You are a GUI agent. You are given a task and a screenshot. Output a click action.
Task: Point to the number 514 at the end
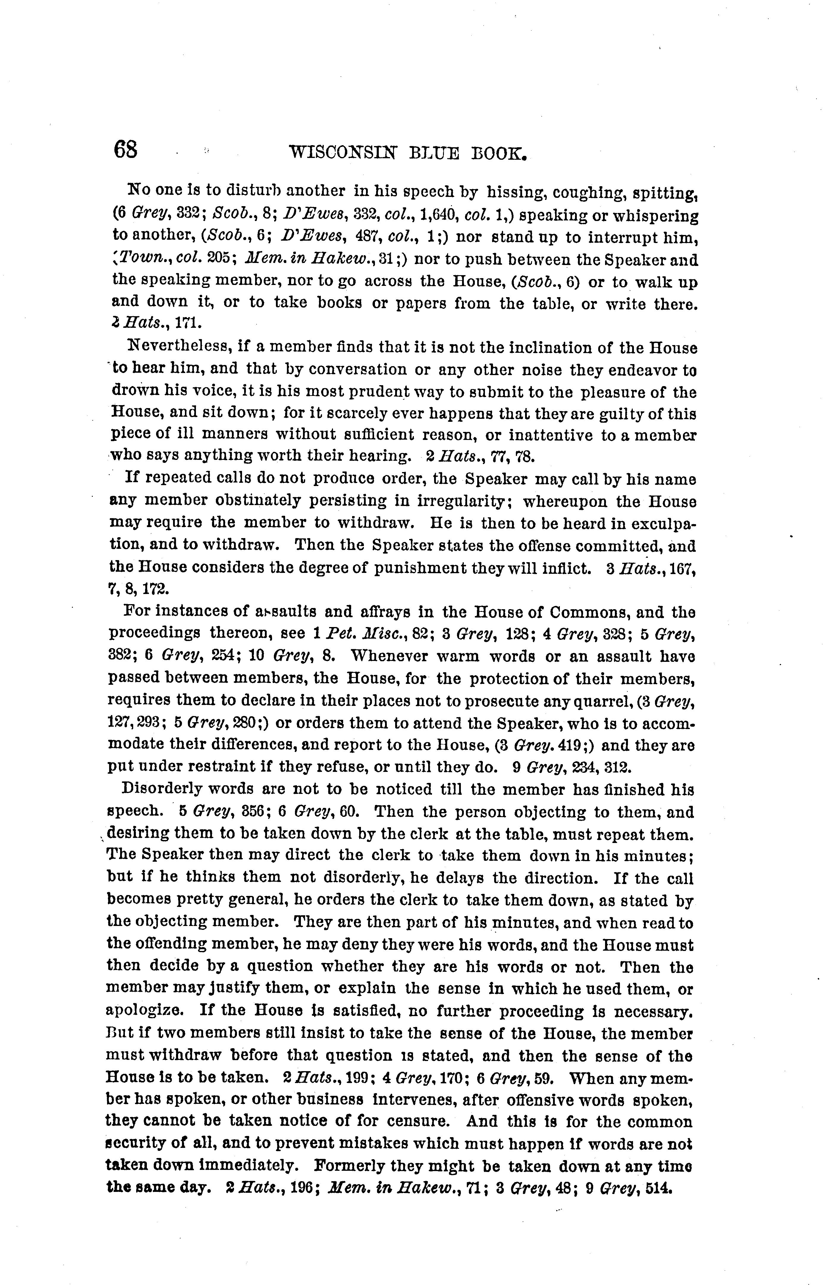658,1188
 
